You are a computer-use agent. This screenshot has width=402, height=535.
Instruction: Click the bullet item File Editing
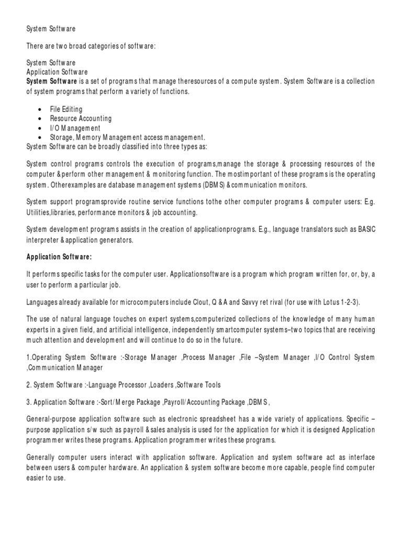click(x=66, y=109)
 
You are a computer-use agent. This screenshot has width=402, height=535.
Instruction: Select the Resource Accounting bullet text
click(x=81, y=119)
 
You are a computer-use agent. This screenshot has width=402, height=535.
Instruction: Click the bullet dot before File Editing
click(x=41, y=110)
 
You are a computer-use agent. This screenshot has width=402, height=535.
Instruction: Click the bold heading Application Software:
click(x=59, y=258)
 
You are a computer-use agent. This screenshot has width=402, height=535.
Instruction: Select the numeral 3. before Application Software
click(x=29, y=403)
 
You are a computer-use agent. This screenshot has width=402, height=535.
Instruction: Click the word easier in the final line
click(x=36, y=477)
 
